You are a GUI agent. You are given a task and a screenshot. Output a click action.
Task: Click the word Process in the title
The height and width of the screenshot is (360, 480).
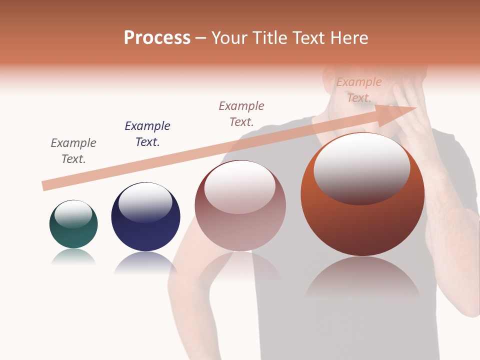point(157,38)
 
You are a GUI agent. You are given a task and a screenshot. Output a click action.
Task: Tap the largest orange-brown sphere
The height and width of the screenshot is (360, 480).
point(362,225)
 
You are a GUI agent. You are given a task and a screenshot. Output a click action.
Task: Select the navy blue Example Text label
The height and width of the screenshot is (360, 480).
point(147,134)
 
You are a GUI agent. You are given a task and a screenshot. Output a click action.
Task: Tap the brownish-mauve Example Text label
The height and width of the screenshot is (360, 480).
point(241,113)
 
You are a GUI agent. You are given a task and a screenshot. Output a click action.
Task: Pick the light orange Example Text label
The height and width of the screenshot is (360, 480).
point(359,89)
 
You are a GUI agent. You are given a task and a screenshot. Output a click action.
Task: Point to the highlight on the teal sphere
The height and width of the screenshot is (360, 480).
point(73,213)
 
